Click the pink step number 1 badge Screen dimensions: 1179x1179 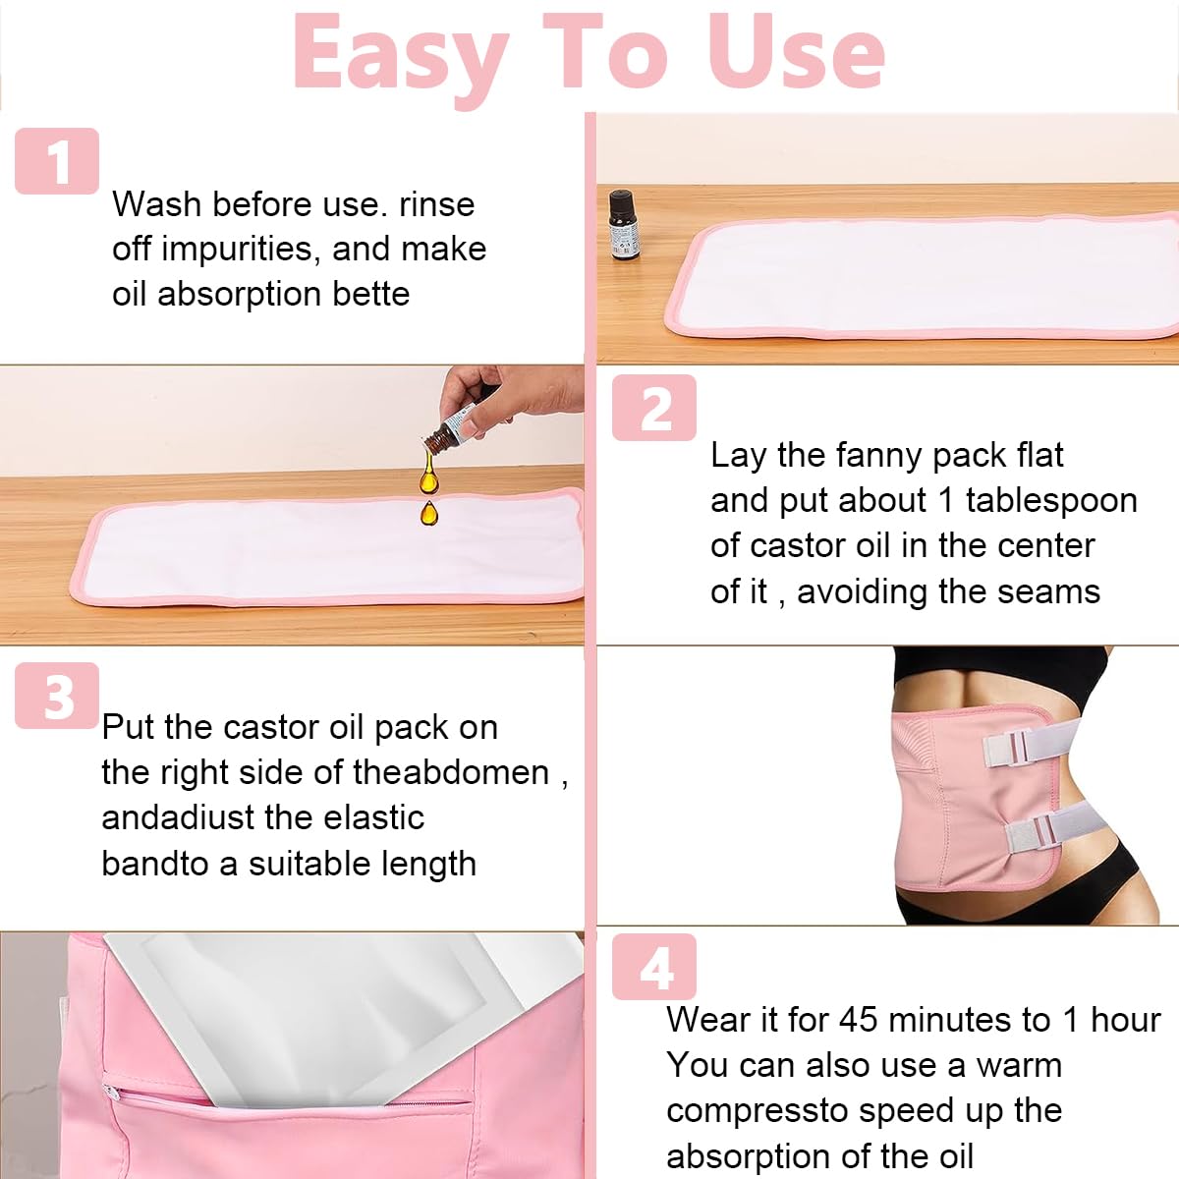(57, 161)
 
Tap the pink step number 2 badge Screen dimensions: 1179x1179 (654, 408)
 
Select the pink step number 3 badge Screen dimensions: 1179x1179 (57, 696)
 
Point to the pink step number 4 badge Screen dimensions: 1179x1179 (654, 967)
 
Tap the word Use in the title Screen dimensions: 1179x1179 (796, 51)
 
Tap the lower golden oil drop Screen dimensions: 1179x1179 (429, 513)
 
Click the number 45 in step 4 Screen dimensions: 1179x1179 (859, 1020)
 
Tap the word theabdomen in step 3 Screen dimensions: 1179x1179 (451, 773)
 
